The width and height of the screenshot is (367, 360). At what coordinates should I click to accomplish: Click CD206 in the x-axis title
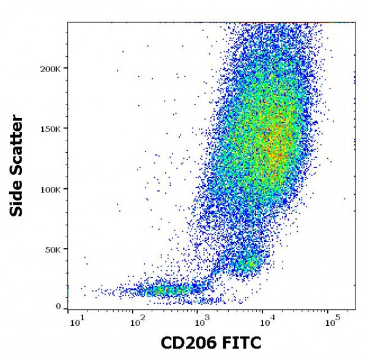(x=187, y=343)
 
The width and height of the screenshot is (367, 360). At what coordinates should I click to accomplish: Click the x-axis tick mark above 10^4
(x=265, y=309)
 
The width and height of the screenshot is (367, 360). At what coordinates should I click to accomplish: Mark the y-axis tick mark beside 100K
(x=66, y=189)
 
